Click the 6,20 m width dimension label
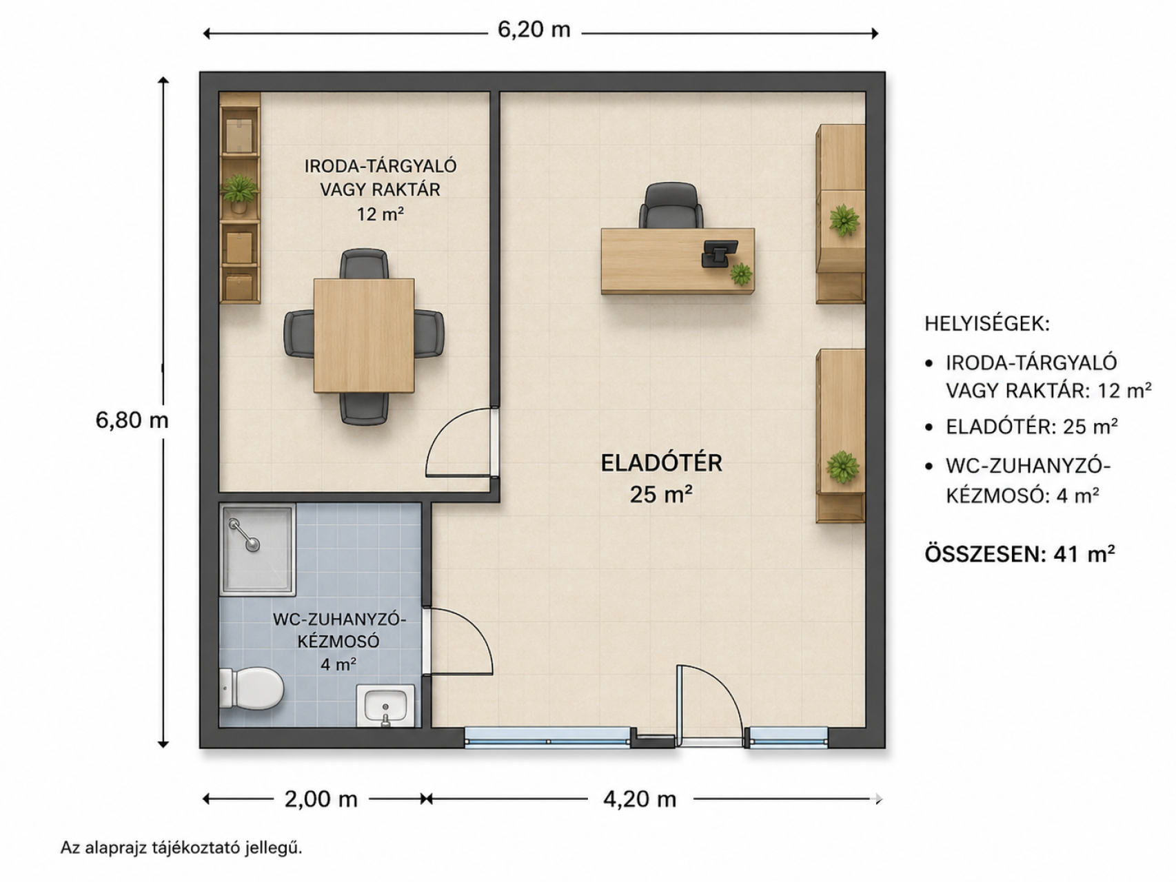coord(534,30)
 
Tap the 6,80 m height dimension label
coord(132,420)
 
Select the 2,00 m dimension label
coord(321,799)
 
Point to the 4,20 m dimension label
coord(640,799)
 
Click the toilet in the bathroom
coord(252,688)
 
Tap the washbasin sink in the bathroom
coord(385,706)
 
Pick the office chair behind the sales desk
coord(671,205)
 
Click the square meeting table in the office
coord(364,336)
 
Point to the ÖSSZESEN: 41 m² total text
coord(1020,554)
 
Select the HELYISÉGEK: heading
coord(987,324)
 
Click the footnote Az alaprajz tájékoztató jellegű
coord(181,848)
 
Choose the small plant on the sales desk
coord(741,274)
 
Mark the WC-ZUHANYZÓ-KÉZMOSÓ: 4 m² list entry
coord(1028,481)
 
